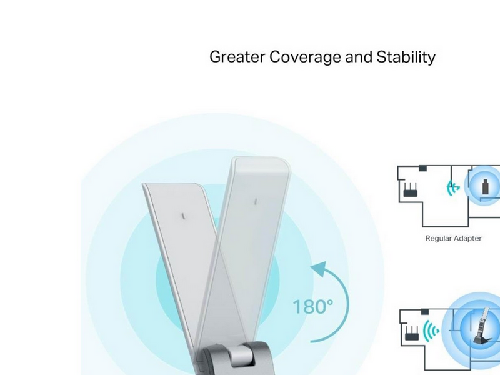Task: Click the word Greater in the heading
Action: tap(237, 57)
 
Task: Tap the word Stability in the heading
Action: tap(406, 57)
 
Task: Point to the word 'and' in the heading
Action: tap(359, 57)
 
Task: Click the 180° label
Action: tap(313, 307)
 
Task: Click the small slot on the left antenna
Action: tap(183, 216)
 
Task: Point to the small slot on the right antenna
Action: tap(256, 201)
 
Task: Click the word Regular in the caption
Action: tap(438, 239)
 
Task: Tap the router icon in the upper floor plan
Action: tap(411, 190)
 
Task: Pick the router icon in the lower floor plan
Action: tap(412, 333)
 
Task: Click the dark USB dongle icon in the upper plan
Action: tap(485, 187)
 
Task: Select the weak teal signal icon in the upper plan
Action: tap(452, 188)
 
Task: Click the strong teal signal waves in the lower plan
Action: tap(431, 331)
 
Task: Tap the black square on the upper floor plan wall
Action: tap(423, 168)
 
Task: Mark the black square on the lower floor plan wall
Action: tap(425, 311)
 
